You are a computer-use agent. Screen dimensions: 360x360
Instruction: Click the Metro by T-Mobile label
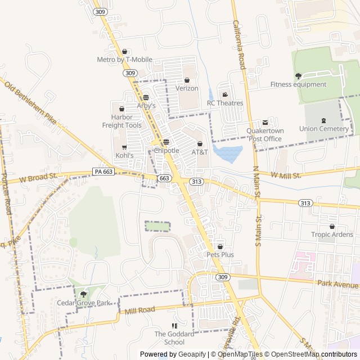[124, 60]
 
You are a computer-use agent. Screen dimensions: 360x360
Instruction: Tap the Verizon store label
[187, 88]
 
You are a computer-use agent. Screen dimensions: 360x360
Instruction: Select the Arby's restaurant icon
[146, 97]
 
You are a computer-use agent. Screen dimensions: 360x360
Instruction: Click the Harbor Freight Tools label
[122, 121]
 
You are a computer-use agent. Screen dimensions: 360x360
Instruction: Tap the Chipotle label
[166, 151]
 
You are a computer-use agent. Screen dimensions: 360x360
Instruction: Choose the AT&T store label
[200, 152]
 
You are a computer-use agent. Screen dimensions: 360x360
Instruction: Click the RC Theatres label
[225, 103]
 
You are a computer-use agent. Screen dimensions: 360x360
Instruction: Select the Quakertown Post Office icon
[265, 123]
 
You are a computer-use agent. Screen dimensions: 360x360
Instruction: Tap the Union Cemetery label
[324, 129]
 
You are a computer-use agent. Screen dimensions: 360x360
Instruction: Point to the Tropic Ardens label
[332, 235]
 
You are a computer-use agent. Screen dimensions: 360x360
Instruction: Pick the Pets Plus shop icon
[220, 246]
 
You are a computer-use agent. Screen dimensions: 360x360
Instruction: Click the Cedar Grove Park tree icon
[84, 294]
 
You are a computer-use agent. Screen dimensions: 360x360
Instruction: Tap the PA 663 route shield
[103, 172]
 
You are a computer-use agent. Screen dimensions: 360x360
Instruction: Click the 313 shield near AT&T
[196, 181]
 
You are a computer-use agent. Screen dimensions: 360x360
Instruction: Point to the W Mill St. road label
[286, 175]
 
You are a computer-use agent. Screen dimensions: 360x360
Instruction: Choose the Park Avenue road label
[337, 284]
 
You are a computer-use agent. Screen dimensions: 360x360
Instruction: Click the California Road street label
[239, 45]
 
